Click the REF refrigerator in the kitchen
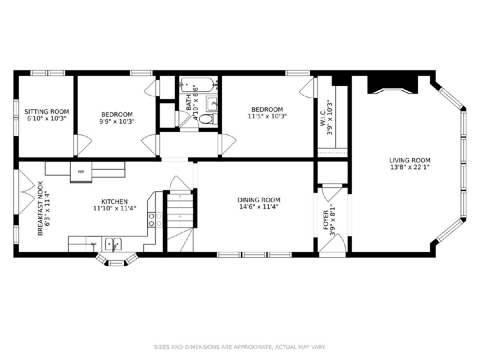coord(81,172)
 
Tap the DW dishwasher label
coord(94,244)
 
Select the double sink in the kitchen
coord(113,244)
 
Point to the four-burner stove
coord(155,220)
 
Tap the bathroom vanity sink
coord(212,104)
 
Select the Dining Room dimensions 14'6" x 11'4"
coord(259,206)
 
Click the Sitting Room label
coord(46,112)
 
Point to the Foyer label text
coord(326,220)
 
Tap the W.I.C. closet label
coord(323,117)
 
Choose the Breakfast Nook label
coord(40,208)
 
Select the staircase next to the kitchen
coord(180,221)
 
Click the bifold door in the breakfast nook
coord(27,192)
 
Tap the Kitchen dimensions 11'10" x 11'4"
coord(115,208)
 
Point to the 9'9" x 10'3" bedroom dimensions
coord(117,122)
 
